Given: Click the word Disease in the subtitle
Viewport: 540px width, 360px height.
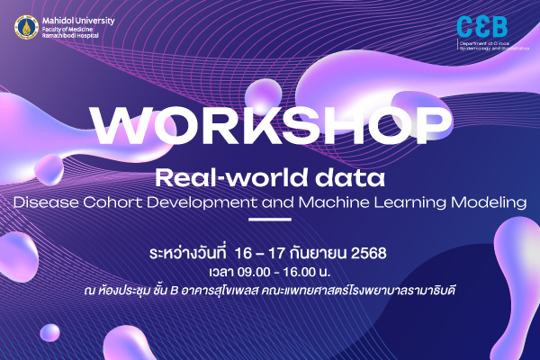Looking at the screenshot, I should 44,202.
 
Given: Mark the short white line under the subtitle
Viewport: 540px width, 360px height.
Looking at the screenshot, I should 269,220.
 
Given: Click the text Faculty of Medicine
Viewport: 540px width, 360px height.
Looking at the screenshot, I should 67,26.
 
